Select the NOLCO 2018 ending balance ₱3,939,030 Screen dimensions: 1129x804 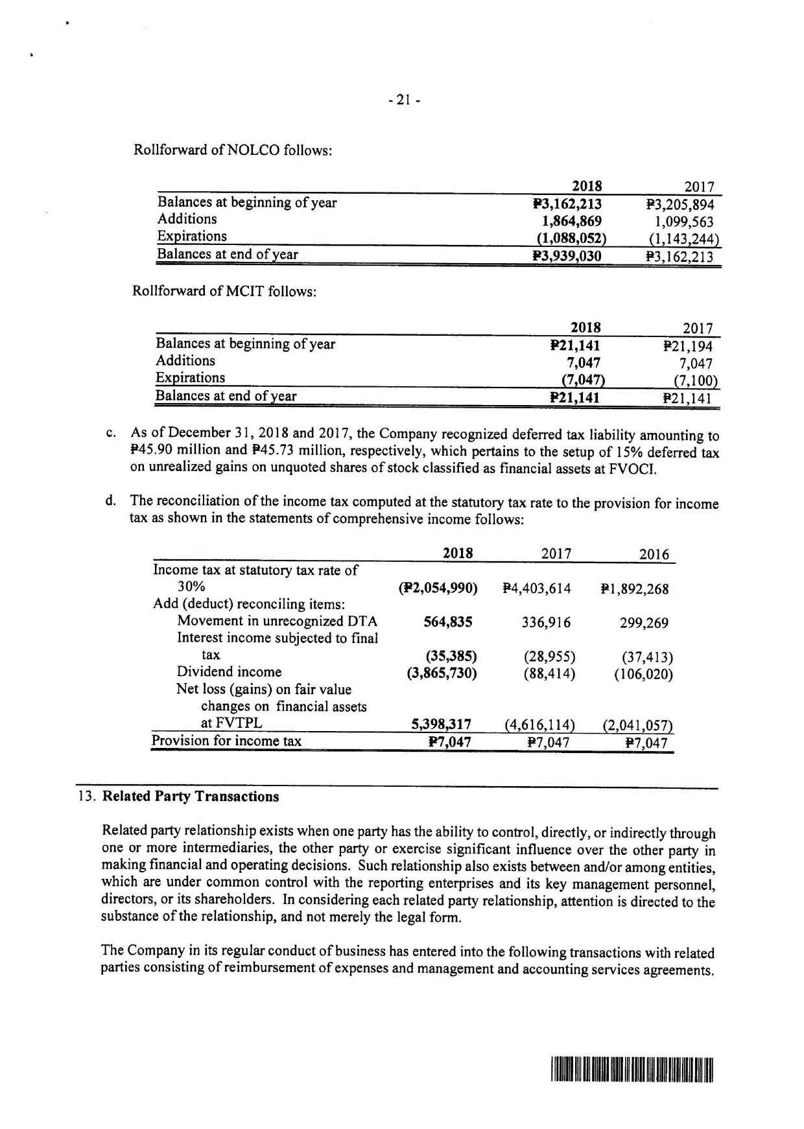(x=567, y=256)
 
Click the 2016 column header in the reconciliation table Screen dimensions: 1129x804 (x=654, y=555)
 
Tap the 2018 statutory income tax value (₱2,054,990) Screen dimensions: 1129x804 (x=438, y=588)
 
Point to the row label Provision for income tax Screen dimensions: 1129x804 (x=226, y=741)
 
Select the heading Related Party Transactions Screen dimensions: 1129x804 (x=191, y=797)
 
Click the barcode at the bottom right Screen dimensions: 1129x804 (x=632, y=1070)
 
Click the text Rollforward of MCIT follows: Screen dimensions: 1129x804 (x=224, y=291)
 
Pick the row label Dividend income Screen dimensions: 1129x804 (x=229, y=672)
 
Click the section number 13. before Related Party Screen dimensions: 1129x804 (x=87, y=797)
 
